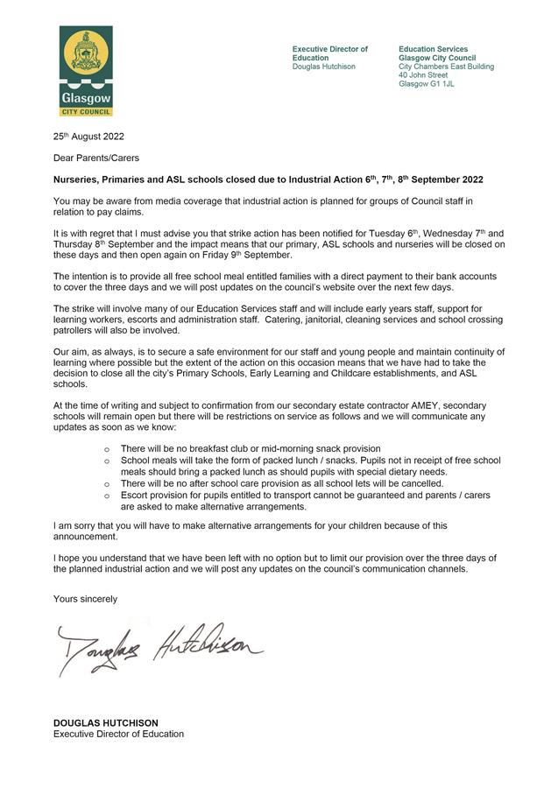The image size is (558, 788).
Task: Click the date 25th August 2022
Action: [88, 136]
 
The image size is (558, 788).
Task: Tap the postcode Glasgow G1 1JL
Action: [427, 84]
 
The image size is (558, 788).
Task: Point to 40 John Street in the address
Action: [423, 75]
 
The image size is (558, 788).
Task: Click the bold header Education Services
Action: [433, 49]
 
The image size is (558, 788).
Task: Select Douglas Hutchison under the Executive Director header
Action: [324, 67]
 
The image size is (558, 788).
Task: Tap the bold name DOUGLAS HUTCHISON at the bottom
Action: [106, 722]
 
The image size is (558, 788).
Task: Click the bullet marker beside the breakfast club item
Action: [107, 449]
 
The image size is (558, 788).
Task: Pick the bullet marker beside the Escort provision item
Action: [107, 496]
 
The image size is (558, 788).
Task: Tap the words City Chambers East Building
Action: [446, 67]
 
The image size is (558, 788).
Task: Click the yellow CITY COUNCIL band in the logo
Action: [85, 112]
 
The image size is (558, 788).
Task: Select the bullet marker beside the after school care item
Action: [107, 484]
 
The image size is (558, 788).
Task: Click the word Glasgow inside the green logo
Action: [85, 99]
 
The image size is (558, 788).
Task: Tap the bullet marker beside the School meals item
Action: [107, 461]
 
